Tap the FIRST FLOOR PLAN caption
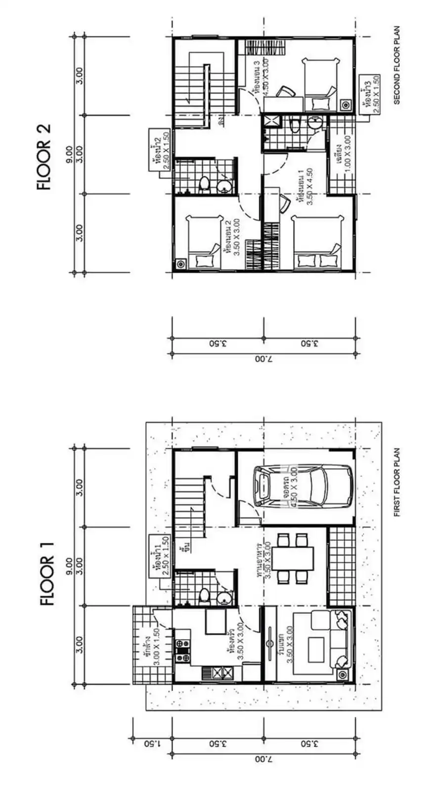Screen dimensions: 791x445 tap(397, 482)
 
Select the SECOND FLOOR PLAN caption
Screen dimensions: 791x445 tap(397, 65)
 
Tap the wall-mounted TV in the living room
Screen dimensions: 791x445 tap(270, 643)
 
